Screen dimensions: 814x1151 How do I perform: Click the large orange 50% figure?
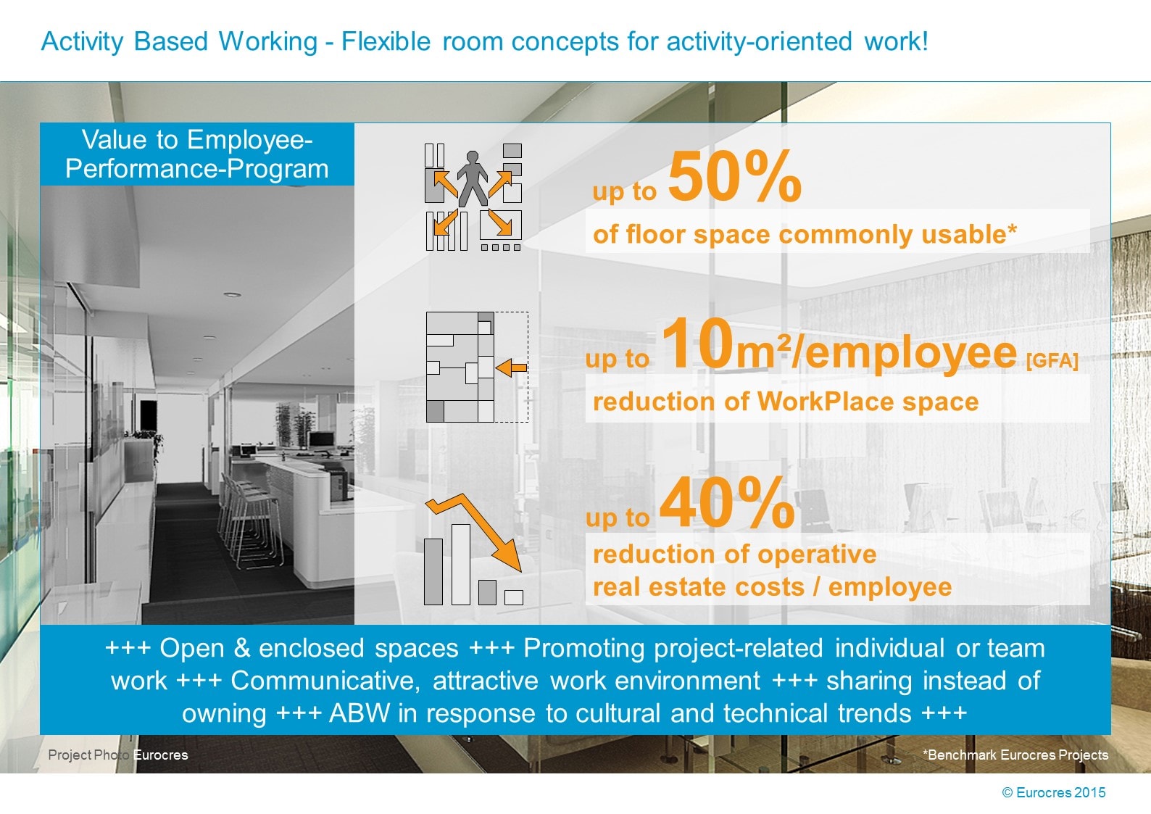[734, 177]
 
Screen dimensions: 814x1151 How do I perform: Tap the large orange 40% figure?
[727, 503]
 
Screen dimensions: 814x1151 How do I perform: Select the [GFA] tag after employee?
[1052, 360]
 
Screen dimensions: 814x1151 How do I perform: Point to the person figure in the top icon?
[473, 178]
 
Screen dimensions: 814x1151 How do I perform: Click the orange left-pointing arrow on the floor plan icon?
[512, 367]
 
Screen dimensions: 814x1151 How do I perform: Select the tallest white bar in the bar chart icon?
[460, 564]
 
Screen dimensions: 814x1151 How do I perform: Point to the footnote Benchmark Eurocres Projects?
[1015, 755]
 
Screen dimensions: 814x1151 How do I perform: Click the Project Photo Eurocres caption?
[117, 755]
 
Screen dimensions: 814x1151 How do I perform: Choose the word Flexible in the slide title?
[386, 41]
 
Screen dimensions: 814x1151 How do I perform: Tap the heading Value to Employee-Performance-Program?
[197, 154]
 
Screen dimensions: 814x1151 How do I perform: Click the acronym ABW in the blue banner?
[360, 713]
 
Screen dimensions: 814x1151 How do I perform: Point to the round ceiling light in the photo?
[232, 295]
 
